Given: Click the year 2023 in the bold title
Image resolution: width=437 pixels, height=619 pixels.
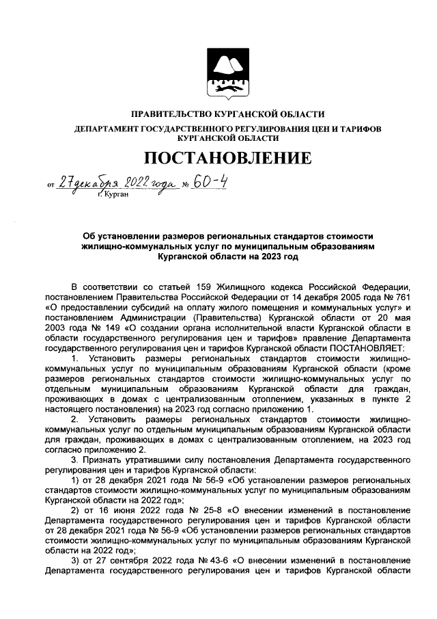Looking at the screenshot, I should (269, 257).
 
